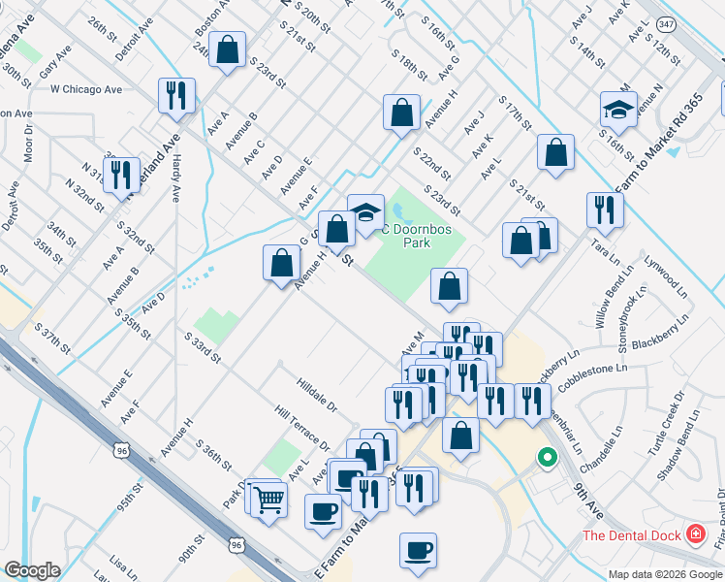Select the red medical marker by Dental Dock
pos(695,533)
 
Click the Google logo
pos(32,570)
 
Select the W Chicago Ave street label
pos(86,89)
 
